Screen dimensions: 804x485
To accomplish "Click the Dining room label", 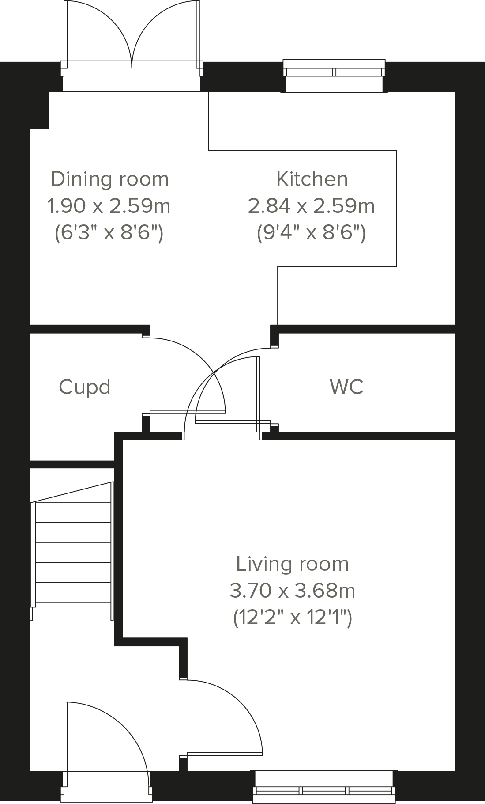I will coord(109,179).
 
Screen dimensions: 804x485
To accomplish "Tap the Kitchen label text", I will coord(312,179).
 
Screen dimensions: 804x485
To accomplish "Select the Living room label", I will coord(292,564).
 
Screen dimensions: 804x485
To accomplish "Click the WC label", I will coord(346,387).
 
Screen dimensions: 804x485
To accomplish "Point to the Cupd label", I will coord(84,387).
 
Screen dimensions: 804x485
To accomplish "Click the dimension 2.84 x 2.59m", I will coord(311,206).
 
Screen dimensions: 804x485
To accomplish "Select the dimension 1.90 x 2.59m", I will coord(109,206).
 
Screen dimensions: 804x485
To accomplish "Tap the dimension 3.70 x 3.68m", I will coord(292,590).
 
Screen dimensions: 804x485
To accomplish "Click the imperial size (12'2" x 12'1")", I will coord(292,617).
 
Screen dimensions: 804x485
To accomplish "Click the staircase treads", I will coord(73,552).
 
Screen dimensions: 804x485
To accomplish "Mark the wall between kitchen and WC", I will coord(366,329).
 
